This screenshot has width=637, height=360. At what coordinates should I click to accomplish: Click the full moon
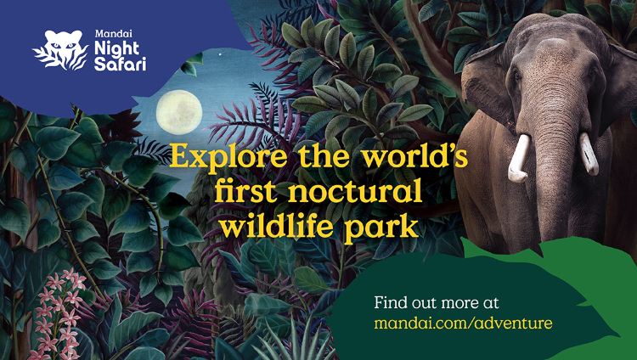click(x=179, y=112)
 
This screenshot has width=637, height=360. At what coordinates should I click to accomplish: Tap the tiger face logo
click(x=61, y=50)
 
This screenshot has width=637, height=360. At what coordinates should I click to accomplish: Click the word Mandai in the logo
click(x=108, y=34)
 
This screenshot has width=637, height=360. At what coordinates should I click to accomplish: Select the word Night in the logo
click(x=116, y=48)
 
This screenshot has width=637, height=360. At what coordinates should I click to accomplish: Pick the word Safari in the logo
click(x=120, y=65)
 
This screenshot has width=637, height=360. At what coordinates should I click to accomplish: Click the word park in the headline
click(x=382, y=229)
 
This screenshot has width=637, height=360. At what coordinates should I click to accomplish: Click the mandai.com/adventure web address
click(x=463, y=323)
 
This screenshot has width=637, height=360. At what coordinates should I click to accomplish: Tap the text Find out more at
click(x=437, y=303)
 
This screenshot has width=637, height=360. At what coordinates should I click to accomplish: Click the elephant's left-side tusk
click(x=519, y=158)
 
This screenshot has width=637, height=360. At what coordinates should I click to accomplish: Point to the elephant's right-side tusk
click(x=589, y=154)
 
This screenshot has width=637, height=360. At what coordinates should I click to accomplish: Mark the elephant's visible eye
click(x=516, y=76)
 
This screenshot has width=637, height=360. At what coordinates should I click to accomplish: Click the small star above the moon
click(x=221, y=53)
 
